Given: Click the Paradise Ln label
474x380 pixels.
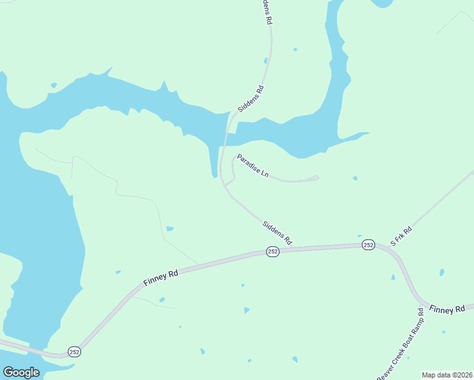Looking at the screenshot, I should click(x=252, y=165).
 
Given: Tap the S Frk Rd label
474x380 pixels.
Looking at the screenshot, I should click(x=400, y=234).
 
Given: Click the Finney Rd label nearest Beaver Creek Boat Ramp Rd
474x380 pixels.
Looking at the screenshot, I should click(x=451, y=310).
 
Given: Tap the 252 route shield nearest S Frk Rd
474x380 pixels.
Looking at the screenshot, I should click(x=369, y=244).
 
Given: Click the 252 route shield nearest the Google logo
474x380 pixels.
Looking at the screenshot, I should click(x=75, y=351).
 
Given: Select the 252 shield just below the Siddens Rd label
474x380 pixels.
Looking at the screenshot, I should click(x=272, y=251).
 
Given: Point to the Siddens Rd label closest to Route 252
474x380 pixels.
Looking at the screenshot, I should click(x=277, y=232).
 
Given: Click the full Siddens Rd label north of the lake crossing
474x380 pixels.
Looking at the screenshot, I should click(x=250, y=99).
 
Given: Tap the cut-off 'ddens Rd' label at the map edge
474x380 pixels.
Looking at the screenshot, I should click(x=267, y=11).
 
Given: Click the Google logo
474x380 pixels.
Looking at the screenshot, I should click(x=21, y=372).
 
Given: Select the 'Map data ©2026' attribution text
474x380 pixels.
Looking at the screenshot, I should click(x=447, y=375).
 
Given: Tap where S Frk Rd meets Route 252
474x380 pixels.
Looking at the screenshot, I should click(x=384, y=246).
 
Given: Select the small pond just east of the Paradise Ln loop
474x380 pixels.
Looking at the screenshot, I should click(x=355, y=178).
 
